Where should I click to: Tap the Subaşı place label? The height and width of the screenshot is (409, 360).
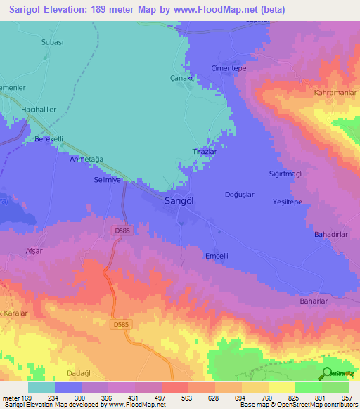pyautogui.click(x=53, y=42)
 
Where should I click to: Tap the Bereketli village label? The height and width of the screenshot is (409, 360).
pyautogui.click(x=49, y=140)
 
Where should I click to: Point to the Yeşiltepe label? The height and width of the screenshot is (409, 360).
pyautogui.click(x=287, y=202)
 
